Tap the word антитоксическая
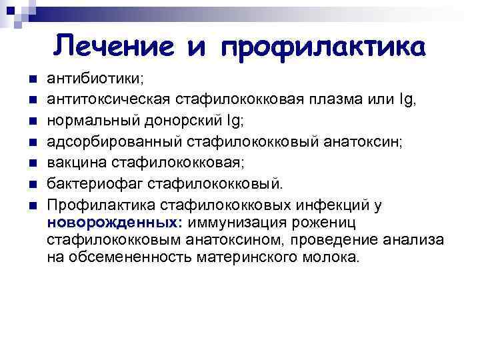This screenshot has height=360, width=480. click(x=108, y=99)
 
